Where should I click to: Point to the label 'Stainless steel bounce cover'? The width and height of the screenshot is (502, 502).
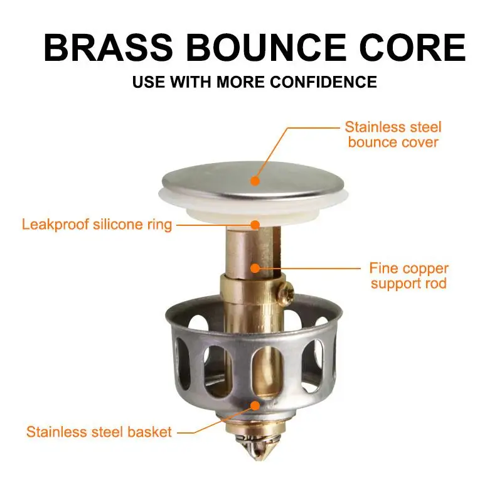tap(394, 134)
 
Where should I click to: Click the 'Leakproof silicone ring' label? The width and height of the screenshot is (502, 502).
tap(97, 225)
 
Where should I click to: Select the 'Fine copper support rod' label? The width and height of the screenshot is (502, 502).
tap(409, 276)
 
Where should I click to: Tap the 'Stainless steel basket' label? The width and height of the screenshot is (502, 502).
tap(99, 432)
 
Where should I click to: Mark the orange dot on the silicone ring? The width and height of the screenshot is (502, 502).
tap(254, 224)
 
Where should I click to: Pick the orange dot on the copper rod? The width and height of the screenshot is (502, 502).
tap(254, 268)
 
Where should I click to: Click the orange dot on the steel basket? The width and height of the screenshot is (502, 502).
tap(254, 405)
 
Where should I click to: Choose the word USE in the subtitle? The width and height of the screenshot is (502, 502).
tap(146, 82)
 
